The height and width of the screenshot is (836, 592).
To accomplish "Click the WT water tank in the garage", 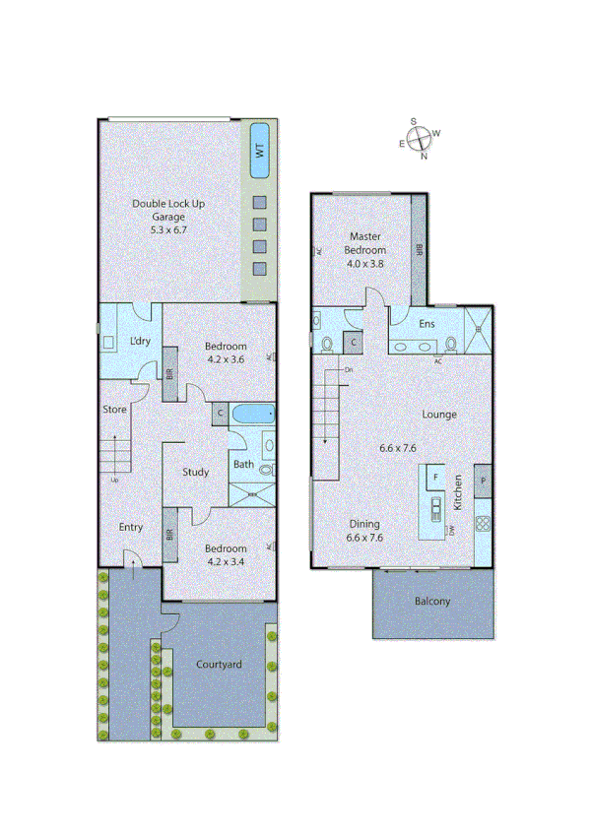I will point(260,151).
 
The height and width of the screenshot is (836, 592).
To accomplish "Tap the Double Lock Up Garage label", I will point(168,210).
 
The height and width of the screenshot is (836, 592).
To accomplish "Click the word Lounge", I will point(439,415).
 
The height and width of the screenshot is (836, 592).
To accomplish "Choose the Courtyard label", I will point(219,666).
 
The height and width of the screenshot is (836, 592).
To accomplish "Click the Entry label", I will point(131,528).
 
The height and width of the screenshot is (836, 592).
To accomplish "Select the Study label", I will point(195,473).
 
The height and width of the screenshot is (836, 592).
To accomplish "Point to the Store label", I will point(114,410).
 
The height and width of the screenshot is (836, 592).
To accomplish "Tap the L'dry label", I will point(141,342).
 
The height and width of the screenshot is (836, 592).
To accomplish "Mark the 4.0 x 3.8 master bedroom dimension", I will point(364,264).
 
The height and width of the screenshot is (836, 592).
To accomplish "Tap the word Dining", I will point(363,525).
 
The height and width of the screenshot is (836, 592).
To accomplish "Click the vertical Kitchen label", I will point(457,491).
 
